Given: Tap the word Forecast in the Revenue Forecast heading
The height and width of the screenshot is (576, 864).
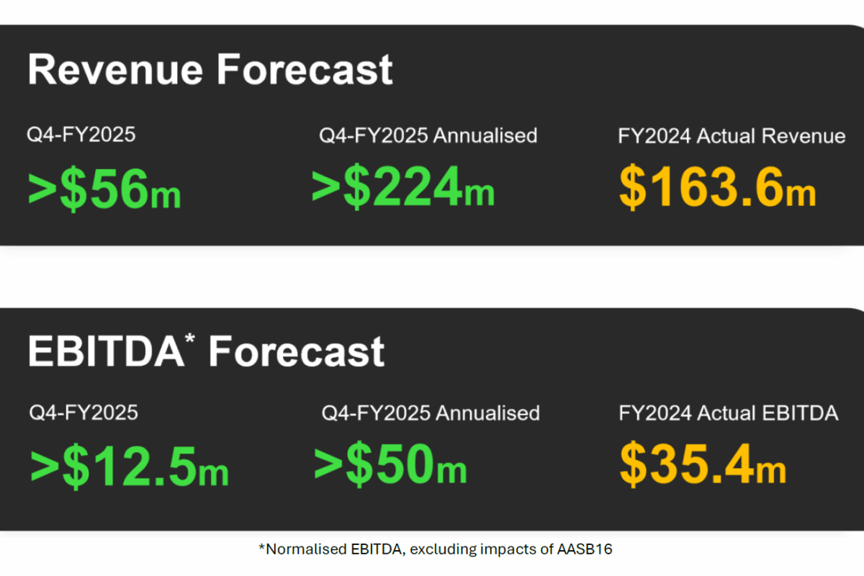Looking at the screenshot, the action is [305, 69].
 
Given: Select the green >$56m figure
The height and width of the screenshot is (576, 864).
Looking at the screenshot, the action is [104, 189].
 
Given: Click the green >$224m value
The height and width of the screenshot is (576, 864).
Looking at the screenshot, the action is [402, 186].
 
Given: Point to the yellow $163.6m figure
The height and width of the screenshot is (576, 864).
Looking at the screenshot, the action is [717, 186].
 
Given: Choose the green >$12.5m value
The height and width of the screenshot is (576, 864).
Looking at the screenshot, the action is [130, 466].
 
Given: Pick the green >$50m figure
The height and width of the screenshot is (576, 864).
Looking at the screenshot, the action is [390, 464].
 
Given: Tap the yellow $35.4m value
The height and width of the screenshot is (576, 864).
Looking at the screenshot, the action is [703, 464].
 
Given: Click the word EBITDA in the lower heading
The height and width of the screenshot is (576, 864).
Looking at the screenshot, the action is [106, 351].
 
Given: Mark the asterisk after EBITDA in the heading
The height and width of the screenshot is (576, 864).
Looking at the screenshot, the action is [190, 338].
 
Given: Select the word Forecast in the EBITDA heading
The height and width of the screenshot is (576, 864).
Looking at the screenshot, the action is [296, 351].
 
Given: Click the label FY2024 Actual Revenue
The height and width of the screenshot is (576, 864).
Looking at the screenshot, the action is [732, 136].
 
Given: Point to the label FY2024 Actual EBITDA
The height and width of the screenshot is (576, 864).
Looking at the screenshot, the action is [729, 413].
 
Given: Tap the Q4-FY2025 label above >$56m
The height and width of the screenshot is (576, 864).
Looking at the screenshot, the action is [81, 135].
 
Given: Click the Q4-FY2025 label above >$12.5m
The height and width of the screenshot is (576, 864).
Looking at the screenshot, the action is [84, 412].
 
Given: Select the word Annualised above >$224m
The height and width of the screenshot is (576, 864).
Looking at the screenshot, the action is [485, 135].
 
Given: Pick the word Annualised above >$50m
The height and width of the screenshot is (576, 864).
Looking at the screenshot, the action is [487, 413].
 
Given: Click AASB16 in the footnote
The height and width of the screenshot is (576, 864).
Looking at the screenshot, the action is [585, 549].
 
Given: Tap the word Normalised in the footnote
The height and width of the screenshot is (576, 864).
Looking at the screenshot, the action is [306, 549].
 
